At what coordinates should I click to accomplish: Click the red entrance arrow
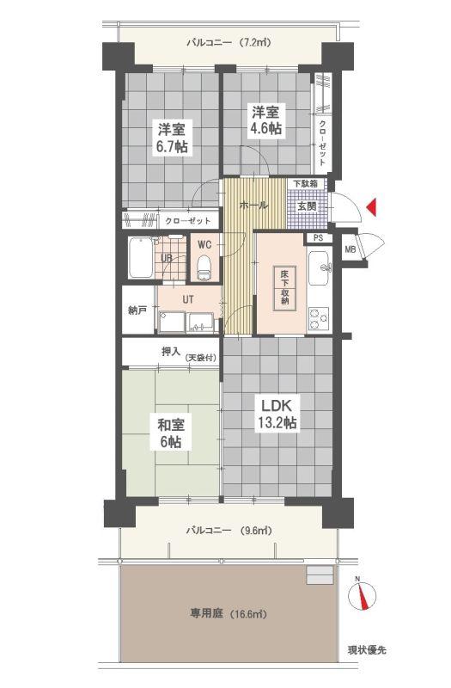(x=372, y=207)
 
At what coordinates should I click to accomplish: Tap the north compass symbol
(x=362, y=596)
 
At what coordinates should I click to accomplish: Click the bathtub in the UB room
(x=141, y=257)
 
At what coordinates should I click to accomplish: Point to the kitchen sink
(x=320, y=267)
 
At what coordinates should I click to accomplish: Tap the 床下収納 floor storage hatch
(x=284, y=288)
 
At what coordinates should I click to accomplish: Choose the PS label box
(x=319, y=238)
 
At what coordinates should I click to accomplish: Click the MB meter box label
(x=350, y=249)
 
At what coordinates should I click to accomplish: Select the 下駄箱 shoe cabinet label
(x=306, y=183)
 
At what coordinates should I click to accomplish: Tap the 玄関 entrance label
(x=307, y=206)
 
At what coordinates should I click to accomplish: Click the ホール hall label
(x=253, y=205)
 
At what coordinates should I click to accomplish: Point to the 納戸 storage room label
(x=137, y=310)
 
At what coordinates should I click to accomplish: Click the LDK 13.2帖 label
(x=277, y=414)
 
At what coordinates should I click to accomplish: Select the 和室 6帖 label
(x=170, y=433)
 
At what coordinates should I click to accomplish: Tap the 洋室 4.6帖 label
(x=266, y=120)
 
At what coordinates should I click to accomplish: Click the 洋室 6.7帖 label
(x=173, y=138)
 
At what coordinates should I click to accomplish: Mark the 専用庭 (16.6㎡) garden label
(x=229, y=613)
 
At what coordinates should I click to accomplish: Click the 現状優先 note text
(x=368, y=650)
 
